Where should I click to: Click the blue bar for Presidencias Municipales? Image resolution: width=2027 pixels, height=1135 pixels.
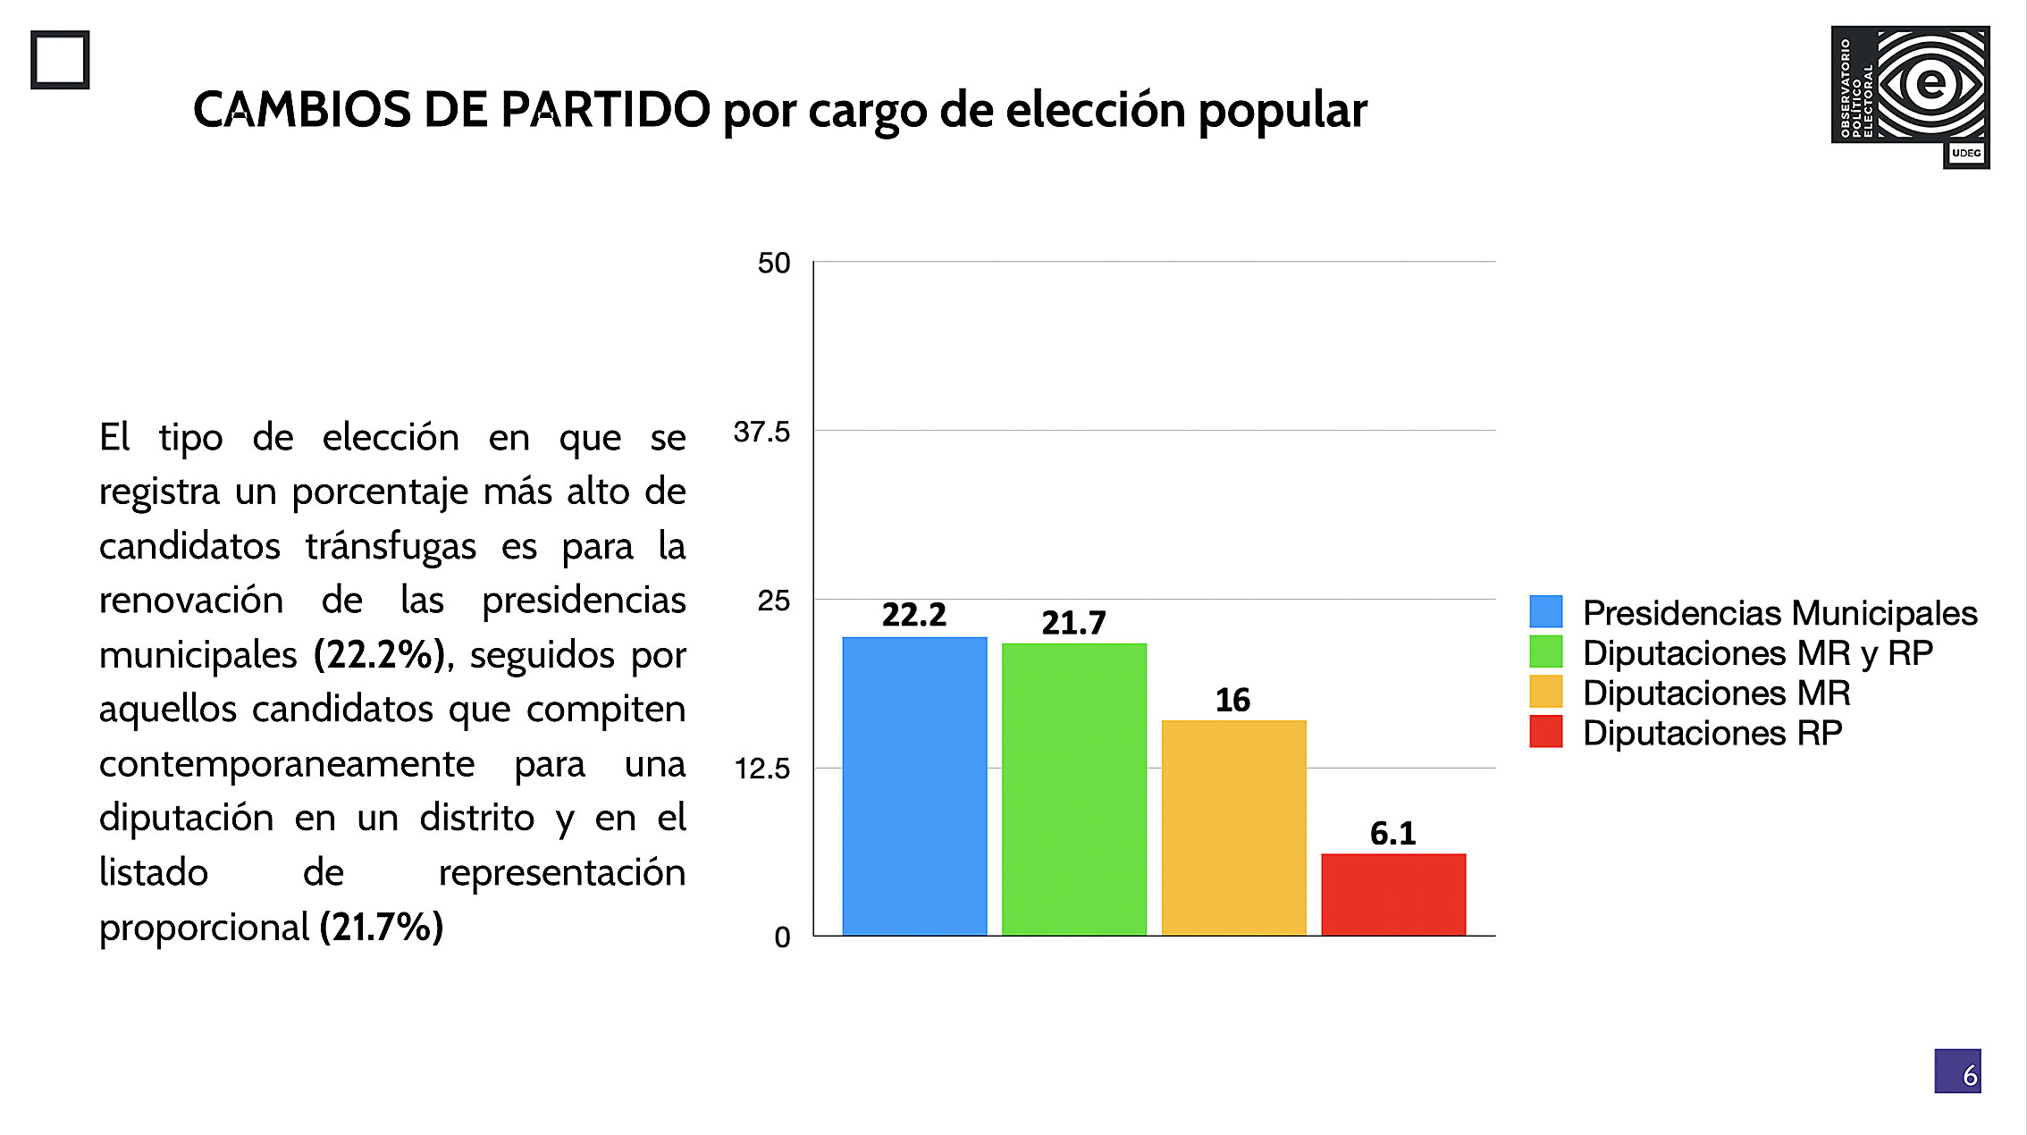coord(914,786)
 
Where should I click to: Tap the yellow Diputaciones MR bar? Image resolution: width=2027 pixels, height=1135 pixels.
coord(1233,828)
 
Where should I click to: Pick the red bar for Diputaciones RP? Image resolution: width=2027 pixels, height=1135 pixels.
coord(1393,895)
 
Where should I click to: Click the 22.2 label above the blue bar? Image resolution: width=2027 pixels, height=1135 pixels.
coord(913,615)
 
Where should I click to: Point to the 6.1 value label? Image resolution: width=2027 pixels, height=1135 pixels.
coord(1392,834)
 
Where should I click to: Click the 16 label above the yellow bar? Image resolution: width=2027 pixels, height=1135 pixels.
coord(1232,700)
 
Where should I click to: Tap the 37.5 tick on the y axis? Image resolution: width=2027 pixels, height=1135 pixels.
coord(761,433)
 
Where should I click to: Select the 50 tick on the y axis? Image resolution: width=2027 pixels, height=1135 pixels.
coord(774,264)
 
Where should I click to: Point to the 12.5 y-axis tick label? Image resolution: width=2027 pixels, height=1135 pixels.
coord(761,769)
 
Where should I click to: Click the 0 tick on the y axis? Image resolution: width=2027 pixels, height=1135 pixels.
coord(782,937)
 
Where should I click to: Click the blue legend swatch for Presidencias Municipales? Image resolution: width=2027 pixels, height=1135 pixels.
coord(1545,612)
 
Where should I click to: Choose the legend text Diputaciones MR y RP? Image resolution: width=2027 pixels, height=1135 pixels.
coord(1757,653)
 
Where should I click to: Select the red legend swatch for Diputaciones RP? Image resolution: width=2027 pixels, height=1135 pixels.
coord(1545,732)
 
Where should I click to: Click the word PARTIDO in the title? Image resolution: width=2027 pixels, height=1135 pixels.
coord(605,110)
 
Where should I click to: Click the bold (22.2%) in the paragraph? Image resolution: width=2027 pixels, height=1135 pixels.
coord(379,655)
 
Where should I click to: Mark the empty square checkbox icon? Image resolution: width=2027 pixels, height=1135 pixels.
coord(60,60)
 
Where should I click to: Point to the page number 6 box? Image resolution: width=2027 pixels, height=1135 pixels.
coord(1957,1072)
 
